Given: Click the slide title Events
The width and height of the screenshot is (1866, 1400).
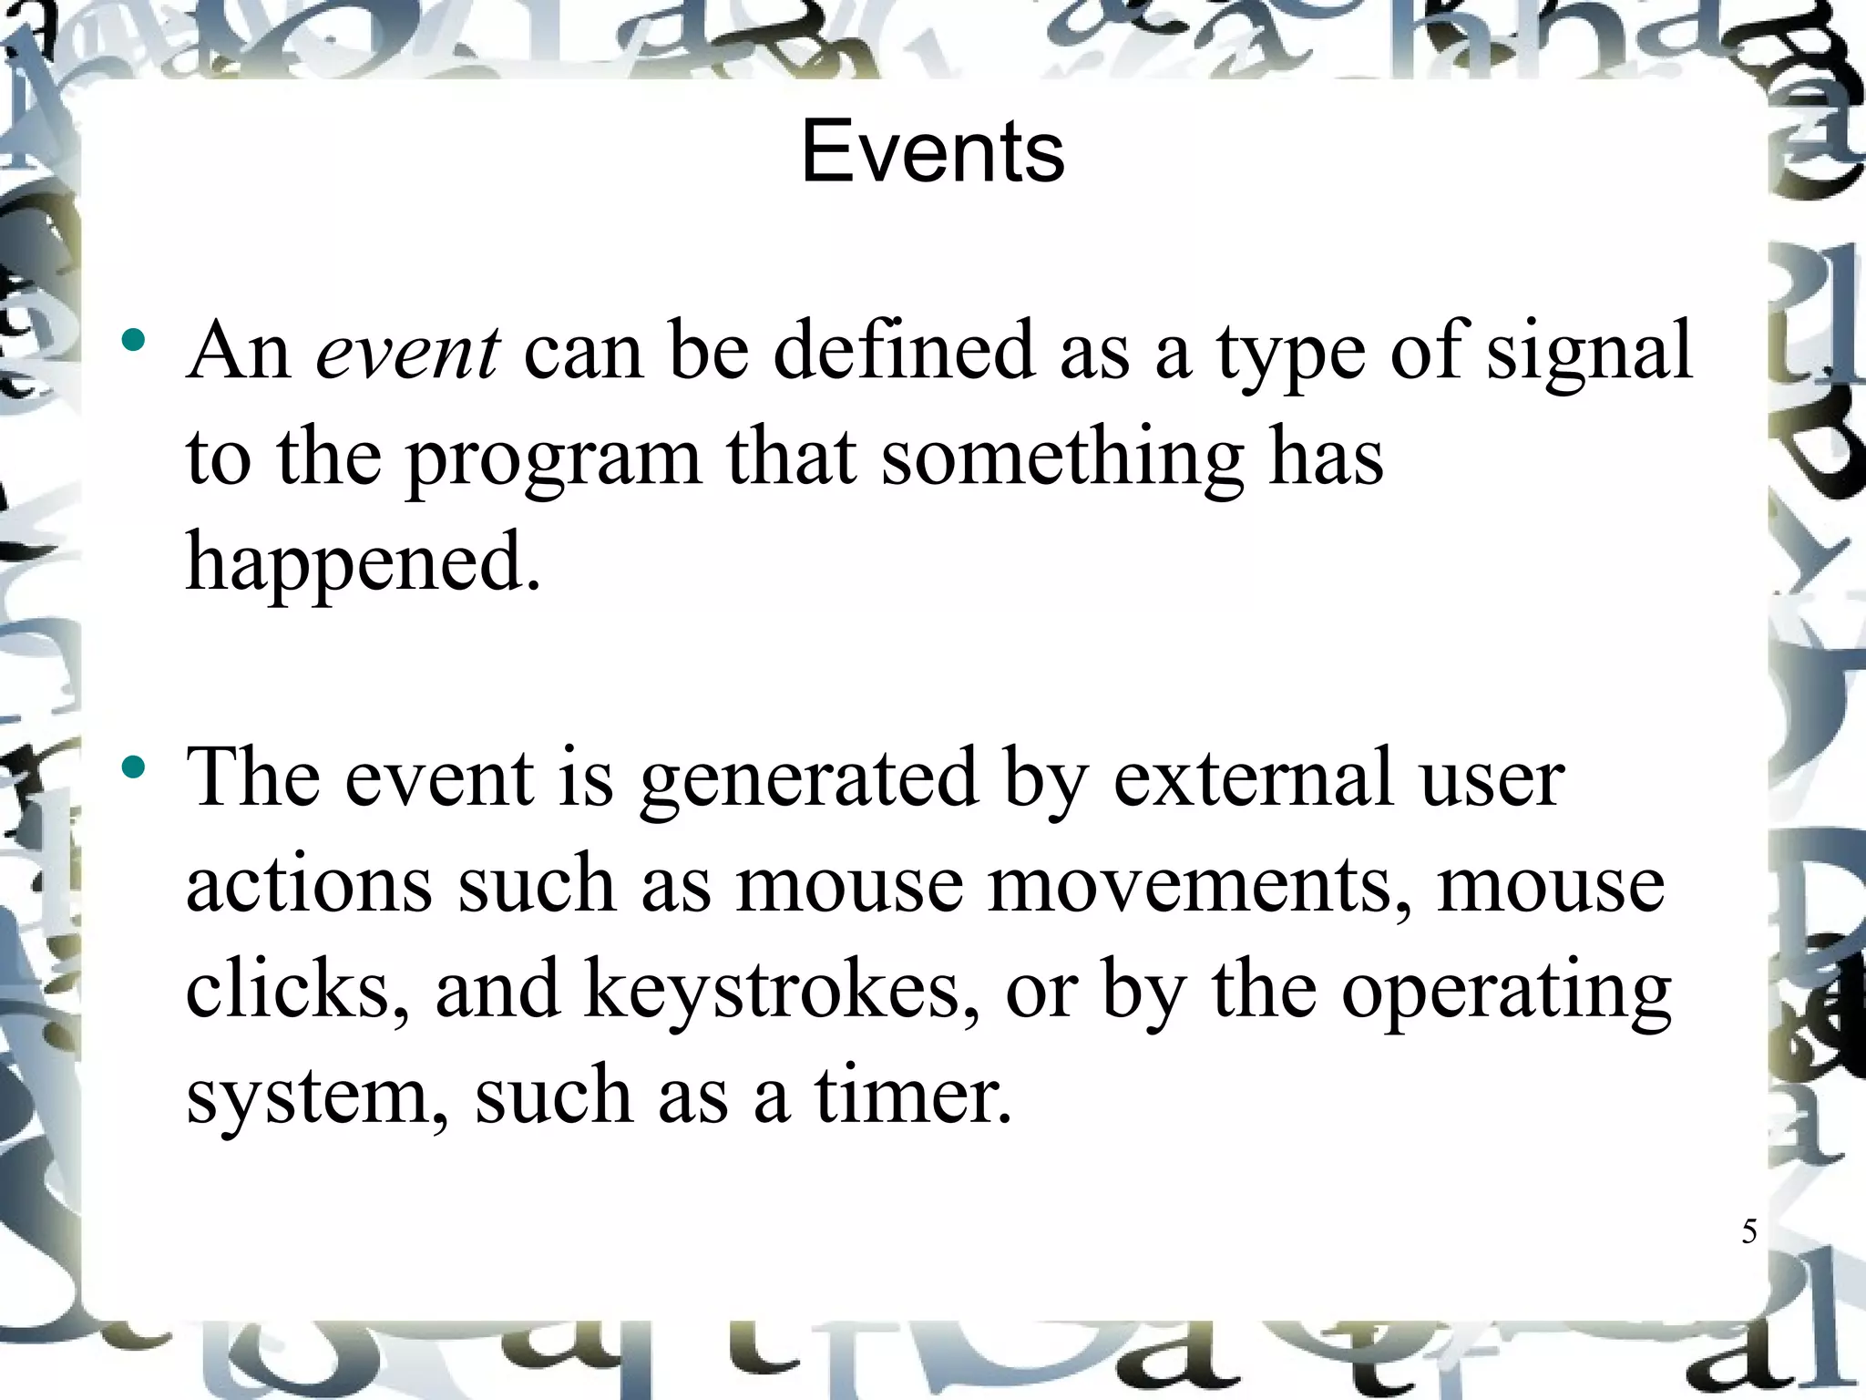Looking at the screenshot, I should pos(932,152).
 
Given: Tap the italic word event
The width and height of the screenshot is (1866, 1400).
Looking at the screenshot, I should pos(407,352).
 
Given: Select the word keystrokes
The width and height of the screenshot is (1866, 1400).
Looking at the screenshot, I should pos(782,993).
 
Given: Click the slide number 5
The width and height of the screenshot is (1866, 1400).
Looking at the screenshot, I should pos(1748,1231).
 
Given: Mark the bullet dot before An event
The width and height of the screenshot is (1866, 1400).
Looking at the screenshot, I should pos(133,341).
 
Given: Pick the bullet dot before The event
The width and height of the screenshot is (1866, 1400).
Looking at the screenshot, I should pos(133,767).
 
